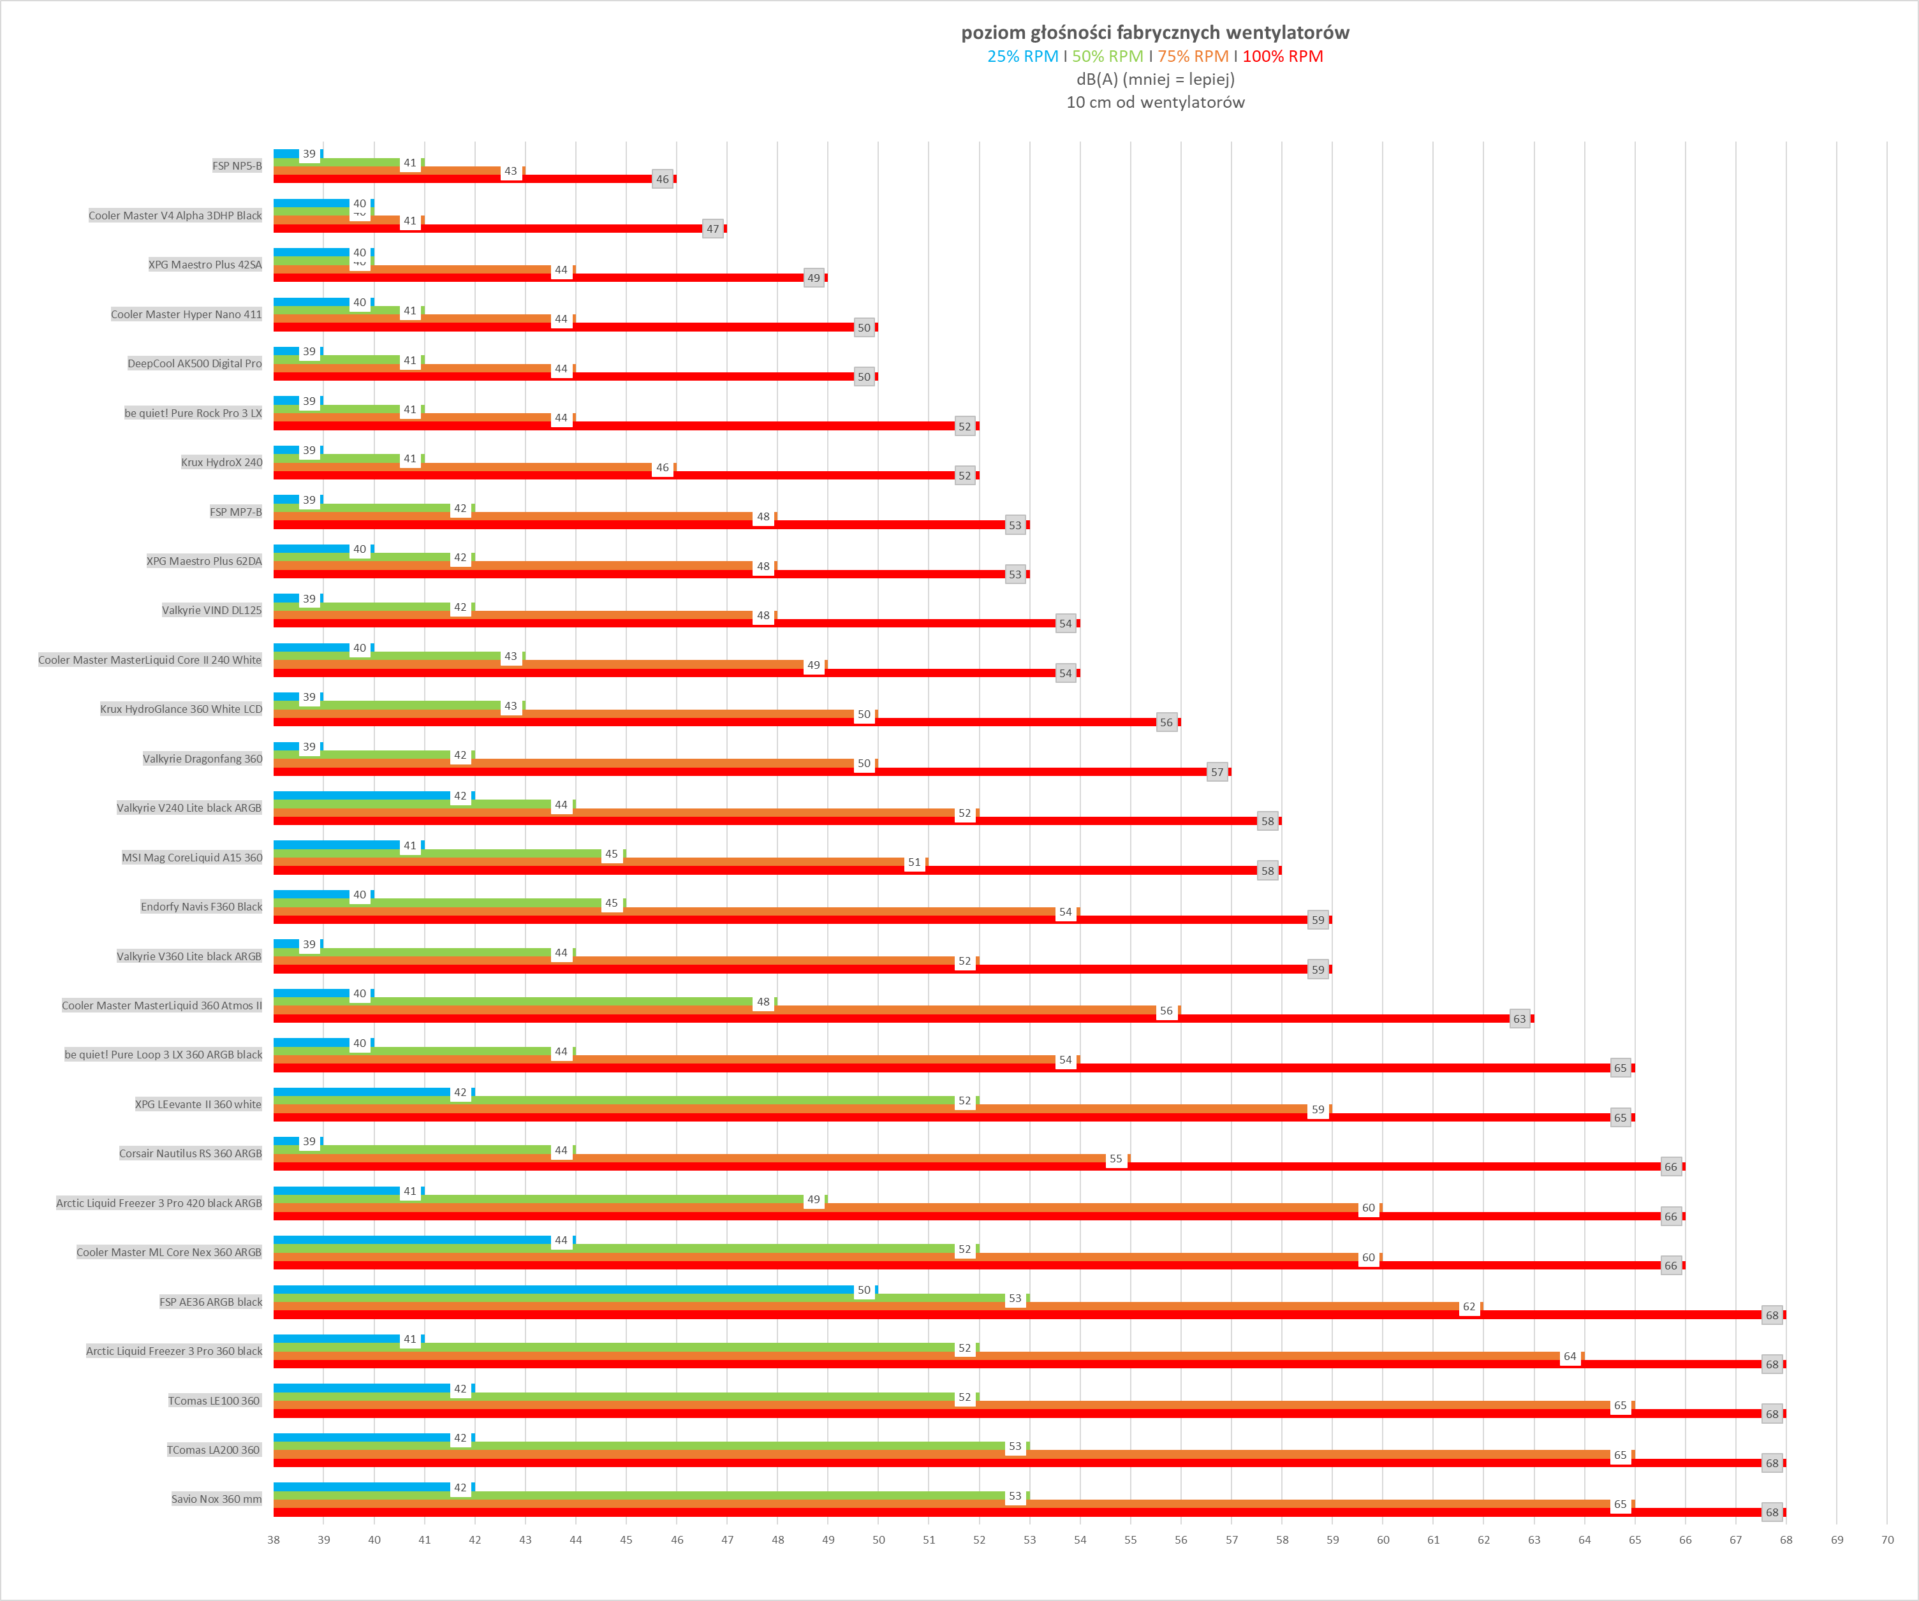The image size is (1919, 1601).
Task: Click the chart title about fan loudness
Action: (x=1154, y=33)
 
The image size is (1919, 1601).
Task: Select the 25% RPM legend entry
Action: (x=1022, y=57)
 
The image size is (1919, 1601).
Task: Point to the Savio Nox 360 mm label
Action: (x=217, y=1498)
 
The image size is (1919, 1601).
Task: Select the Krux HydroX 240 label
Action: (x=221, y=462)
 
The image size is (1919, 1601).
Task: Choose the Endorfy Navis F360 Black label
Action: (x=201, y=907)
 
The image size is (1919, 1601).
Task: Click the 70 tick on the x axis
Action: (x=1886, y=1540)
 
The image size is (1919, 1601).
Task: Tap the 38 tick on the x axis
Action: (x=273, y=1540)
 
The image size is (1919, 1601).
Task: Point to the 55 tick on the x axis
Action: (x=1130, y=1540)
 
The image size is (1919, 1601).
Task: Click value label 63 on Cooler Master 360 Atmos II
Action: (x=1518, y=1019)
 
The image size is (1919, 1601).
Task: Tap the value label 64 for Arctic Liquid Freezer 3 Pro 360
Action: (x=1569, y=1357)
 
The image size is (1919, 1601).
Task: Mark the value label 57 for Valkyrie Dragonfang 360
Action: (x=1216, y=772)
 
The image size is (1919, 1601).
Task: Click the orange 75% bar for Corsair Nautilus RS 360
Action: (x=686, y=1159)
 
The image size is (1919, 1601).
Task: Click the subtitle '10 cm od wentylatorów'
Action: (x=1154, y=103)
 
